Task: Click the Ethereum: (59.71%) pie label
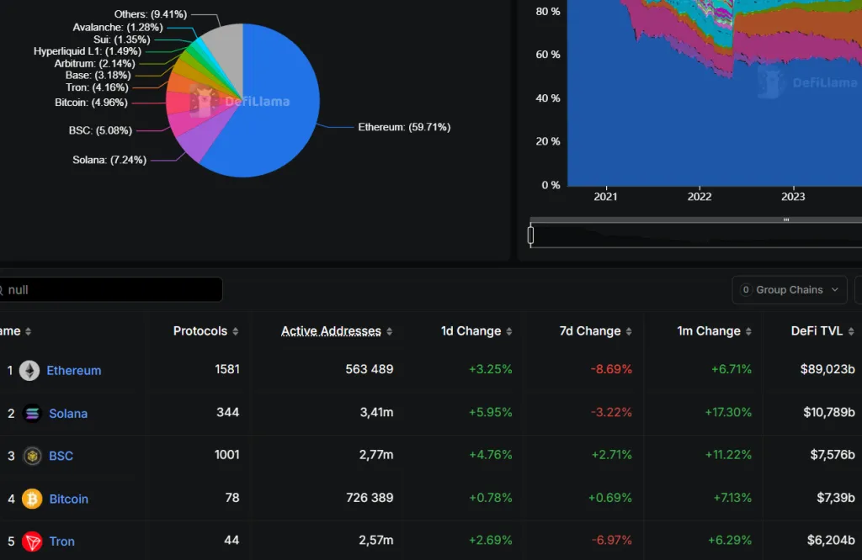point(404,127)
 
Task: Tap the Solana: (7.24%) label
point(109,160)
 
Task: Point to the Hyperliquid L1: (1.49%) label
point(88,51)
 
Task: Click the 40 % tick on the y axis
point(547,98)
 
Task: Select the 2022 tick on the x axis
point(700,197)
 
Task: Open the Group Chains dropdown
point(789,290)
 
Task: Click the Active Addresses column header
point(331,331)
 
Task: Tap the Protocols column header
point(200,331)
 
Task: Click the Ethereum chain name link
point(73,371)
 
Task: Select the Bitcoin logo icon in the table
point(32,499)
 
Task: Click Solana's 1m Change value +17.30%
point(727,413)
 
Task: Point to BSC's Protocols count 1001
point(226,455)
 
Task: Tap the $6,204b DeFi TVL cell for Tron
point(829,541)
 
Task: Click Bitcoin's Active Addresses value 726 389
point(369,498)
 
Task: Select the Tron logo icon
point(32,542)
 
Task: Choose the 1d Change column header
point(471,331)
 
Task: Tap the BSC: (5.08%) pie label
point(100,130)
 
